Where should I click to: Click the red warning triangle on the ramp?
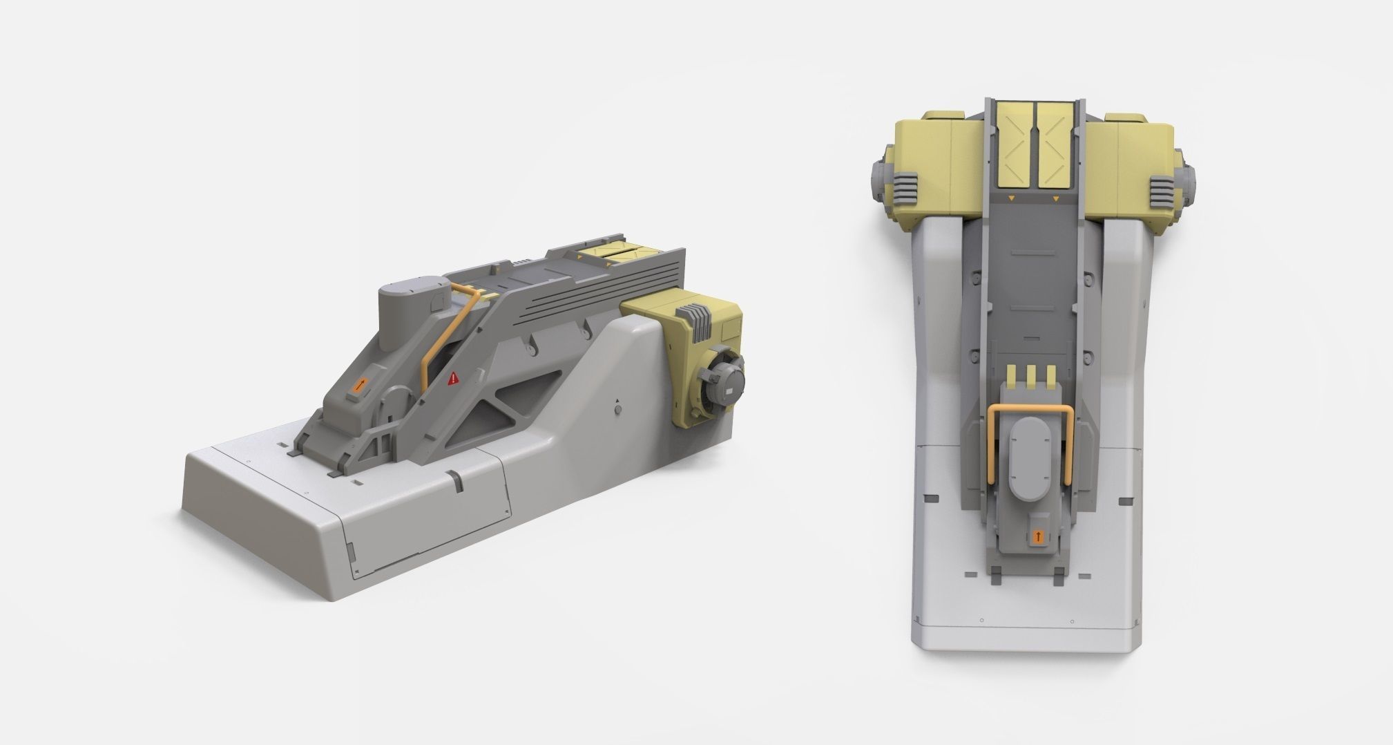[453, 378]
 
